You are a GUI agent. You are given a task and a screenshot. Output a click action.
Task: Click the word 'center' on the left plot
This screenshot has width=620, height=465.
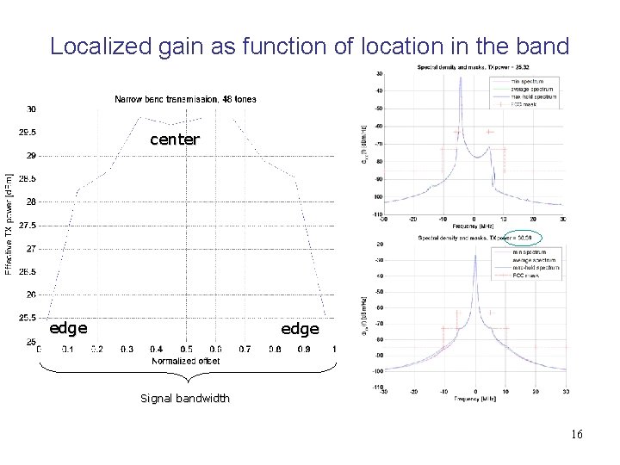174,139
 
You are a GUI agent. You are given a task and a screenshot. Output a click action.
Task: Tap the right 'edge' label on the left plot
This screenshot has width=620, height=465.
300,329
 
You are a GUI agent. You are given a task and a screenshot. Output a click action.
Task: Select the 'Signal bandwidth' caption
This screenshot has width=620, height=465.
184,398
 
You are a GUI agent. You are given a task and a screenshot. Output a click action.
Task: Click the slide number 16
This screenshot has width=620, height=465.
575,434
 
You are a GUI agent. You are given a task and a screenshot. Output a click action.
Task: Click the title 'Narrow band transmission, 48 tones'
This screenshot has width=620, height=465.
185,99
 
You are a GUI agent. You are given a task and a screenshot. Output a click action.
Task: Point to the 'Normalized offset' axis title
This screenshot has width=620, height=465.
185,361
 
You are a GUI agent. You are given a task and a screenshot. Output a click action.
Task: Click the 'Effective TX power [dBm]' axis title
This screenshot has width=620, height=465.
9,224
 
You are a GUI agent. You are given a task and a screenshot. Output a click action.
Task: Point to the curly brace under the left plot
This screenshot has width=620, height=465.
185,376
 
